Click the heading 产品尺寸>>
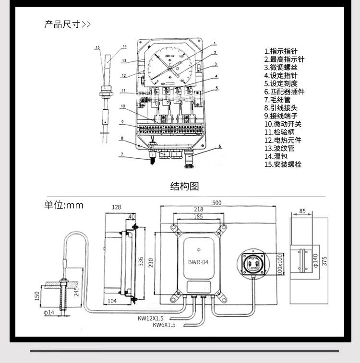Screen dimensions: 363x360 67,24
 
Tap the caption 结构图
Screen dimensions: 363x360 184,187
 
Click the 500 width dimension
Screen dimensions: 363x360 217,203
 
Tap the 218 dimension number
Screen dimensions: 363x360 199,210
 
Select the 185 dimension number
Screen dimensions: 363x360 198,217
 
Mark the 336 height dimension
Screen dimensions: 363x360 141,262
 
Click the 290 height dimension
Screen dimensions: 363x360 151,262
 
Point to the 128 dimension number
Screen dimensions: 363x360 116,207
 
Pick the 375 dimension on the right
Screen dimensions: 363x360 324,260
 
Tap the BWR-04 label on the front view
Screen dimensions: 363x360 198,262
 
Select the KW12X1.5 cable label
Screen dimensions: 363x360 151,318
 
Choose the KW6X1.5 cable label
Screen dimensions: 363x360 164,325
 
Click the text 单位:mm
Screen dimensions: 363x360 64,205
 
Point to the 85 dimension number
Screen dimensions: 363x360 302,211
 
